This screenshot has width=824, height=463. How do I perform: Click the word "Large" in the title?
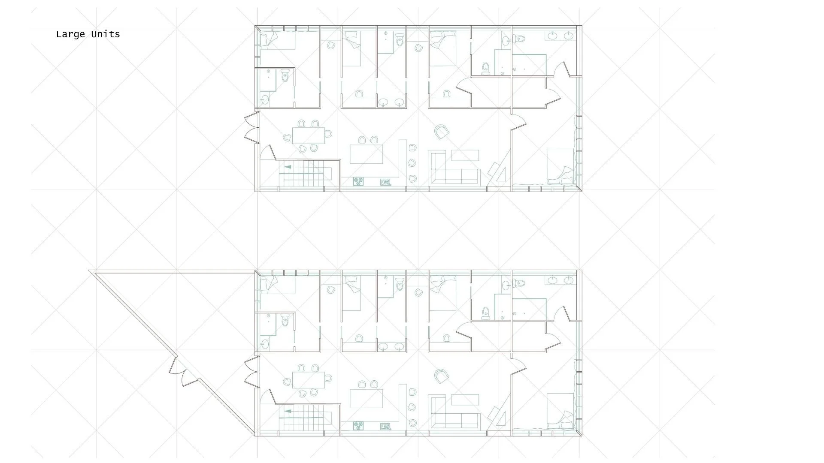pyautogui.click(x=70, y=35)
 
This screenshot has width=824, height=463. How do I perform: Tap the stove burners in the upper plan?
pyautogui.click(x=358, y=182)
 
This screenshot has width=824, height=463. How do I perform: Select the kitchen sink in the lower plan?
pyautogui.click(x=385, y=426)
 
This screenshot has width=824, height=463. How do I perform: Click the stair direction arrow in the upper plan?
pyautogui.click(x=288, y=167)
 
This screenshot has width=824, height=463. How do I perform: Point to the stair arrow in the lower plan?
pyautogui.click(x=288, y=411)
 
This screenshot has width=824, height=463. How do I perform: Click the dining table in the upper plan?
pyautogui.click(x=309, y=136)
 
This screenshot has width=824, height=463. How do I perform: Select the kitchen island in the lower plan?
pyautogui.click(x=366, y=398)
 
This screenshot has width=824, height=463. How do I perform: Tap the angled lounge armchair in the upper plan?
pyautogui.click(x=442, y=131)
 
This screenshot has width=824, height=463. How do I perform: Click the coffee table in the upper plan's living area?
pyautogui.click(x=465, y=155)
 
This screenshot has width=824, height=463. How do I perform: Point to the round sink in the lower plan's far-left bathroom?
pyautogui.click(x=265, y=344)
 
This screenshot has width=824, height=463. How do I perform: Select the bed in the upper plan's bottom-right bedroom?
pyautogui.click(x=560, y=166)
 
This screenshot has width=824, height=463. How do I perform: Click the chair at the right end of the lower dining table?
pyautogui.click(x=328, y=378)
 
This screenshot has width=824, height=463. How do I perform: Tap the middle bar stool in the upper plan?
pyautogui.click(x=412, y=163)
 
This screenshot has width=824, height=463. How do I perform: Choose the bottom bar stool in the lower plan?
pyautogui.click(x=413, y=423)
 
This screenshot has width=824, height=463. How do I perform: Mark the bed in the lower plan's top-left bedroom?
pyautogui.click(x=278, y=285)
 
